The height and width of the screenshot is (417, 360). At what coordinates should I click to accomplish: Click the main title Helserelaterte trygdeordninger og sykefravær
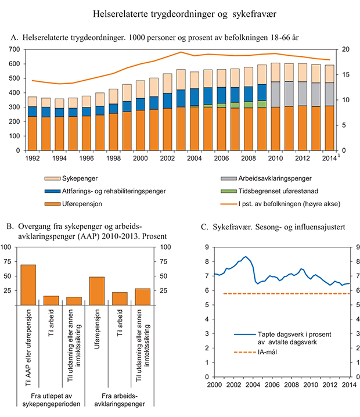pyautogui.click(x=180, y=12)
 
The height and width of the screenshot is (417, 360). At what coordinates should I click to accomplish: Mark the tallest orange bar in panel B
pyautogui.click(x=28, y=285)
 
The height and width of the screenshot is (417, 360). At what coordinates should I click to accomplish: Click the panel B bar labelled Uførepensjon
pyautogui.click(x=97, y=290)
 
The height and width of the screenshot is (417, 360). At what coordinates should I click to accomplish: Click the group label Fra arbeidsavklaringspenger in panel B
pyautogui.click(x=119, y=400)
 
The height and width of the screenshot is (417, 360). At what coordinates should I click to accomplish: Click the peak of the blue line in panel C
pyautogui.click(x=246, y=257)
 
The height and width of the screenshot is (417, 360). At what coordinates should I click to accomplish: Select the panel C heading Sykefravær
pyautogui.click(x=255, y=226)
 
